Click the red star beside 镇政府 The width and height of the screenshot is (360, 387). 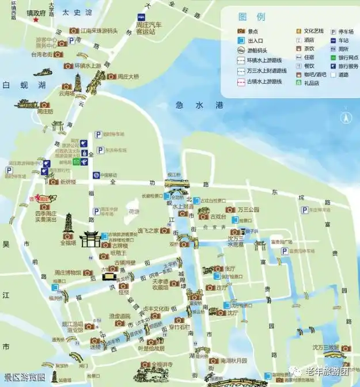[x=36, y=20]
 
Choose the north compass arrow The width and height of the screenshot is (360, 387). [x=346, y=119]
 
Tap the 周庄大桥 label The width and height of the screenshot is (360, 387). [x=127, y=76]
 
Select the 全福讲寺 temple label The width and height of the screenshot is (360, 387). [x=157, y=365]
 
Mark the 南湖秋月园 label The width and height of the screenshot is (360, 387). [x=236, y=361]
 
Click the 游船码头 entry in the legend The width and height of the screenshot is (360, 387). [x=257, y=50]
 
